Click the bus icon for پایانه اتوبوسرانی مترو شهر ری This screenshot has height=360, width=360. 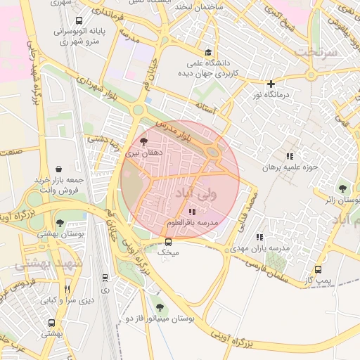click(77, 21)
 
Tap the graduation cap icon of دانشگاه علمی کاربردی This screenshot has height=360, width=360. click(207, 52)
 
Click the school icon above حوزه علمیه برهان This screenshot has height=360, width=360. click(290, 156)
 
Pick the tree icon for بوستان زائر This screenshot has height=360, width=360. click(342, 188)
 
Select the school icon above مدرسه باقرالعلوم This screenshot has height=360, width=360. click(193, 212)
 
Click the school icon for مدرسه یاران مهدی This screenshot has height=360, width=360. click(259, 238)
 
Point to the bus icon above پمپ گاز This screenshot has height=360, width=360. click(319, 269)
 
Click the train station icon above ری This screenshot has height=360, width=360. click(105, 278)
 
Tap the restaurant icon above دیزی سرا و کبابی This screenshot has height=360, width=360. click(67, 289)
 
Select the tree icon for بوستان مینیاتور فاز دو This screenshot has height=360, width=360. click(160, 307)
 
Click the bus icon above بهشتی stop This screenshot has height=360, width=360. click(51, 323)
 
